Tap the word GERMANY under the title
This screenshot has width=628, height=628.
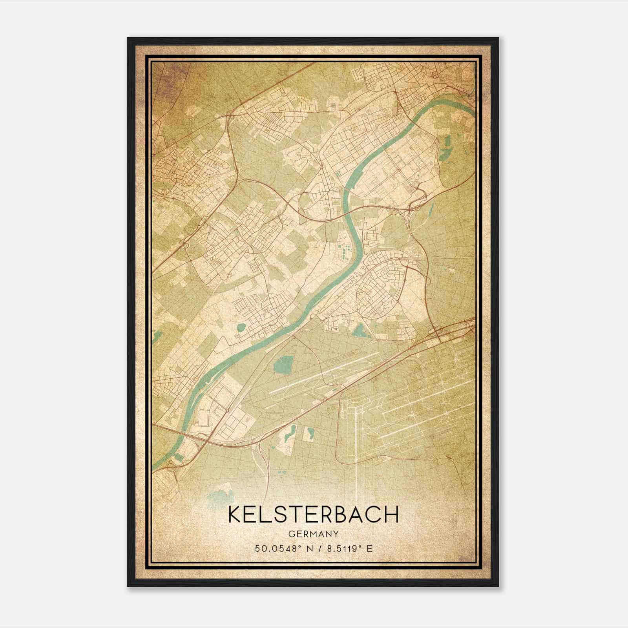[x=313, y=534]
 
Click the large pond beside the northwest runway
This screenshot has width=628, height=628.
[x=281, y=365]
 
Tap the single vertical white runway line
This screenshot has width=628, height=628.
[x=356, y=447]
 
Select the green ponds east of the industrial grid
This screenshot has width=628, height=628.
[x=445, y=149]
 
